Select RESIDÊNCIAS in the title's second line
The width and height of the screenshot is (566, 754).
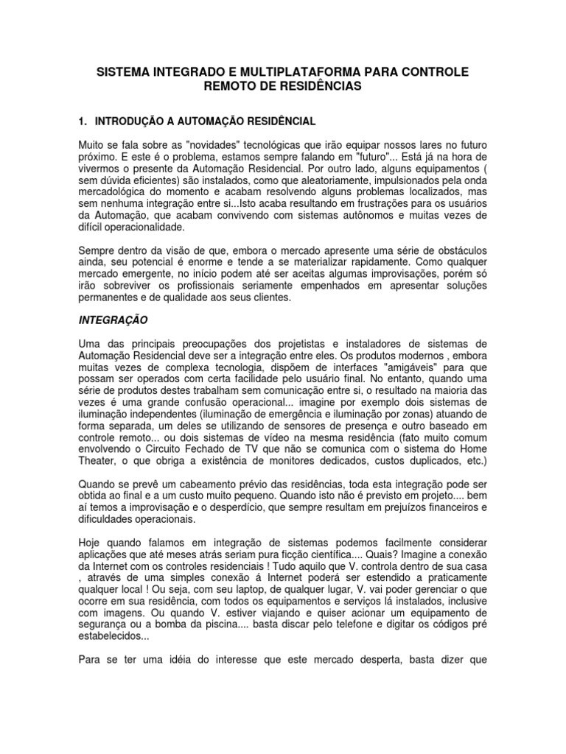coord(321,86)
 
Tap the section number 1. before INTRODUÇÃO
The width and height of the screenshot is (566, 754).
coord(83,120)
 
